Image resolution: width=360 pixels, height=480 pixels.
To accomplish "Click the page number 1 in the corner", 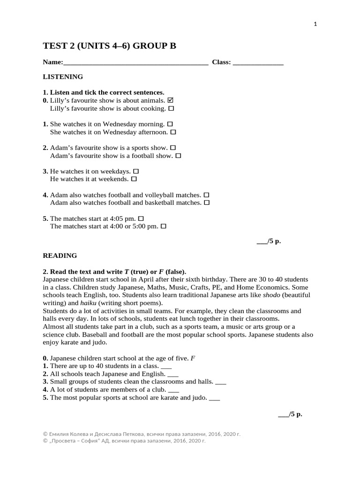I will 315,25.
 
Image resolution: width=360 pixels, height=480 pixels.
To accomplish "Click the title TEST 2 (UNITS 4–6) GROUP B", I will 110,45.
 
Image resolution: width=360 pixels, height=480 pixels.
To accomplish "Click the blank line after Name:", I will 135,62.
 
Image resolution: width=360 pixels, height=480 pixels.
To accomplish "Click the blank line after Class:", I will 258,62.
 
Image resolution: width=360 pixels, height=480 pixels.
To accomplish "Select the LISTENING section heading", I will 63,76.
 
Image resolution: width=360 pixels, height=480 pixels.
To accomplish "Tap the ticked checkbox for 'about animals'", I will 170,100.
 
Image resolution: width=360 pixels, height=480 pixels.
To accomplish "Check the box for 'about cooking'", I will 171,108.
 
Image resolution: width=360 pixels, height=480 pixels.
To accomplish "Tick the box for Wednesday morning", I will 170,124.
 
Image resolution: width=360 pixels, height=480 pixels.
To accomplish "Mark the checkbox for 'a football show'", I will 178,156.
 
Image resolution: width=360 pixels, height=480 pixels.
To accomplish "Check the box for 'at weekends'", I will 134,179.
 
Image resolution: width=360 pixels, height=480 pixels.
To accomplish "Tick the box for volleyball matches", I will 206,195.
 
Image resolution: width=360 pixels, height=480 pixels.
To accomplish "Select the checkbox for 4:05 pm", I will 141,218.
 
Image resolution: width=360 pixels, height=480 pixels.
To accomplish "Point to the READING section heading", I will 60,255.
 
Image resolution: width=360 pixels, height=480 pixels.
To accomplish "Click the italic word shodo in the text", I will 272,295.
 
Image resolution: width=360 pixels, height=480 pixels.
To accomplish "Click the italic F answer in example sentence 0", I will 193,359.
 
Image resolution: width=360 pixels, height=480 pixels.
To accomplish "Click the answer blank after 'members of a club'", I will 173,390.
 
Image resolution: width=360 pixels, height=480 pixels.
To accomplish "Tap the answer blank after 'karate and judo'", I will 214,398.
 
